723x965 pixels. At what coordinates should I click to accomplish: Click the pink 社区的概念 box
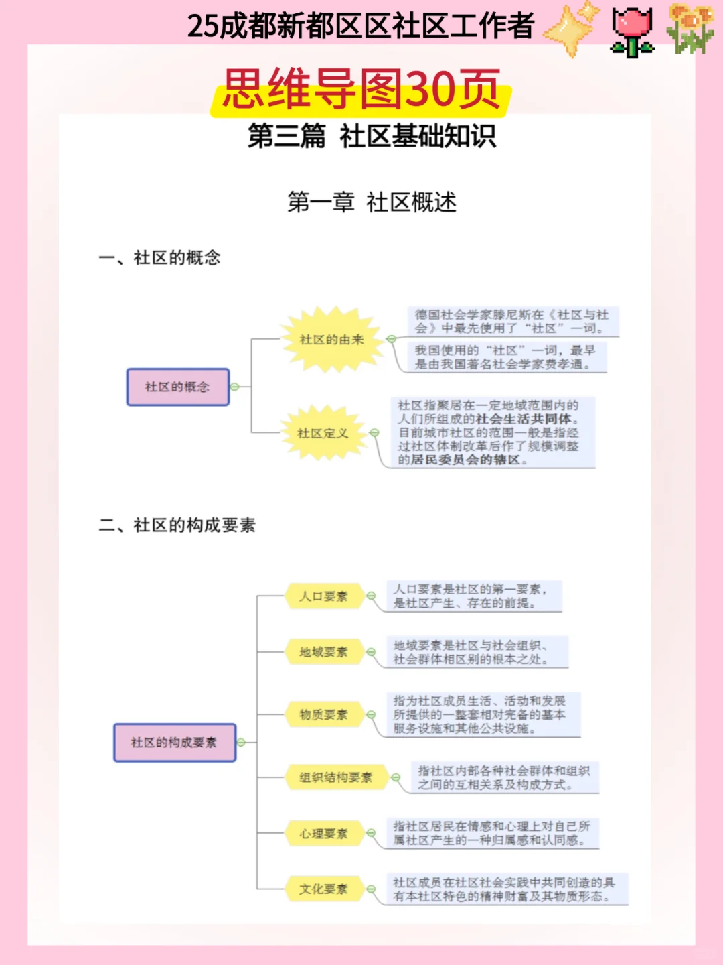point(178,387)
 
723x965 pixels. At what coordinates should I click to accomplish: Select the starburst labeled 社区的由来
point(331,340)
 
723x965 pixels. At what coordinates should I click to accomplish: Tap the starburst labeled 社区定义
point(323,433)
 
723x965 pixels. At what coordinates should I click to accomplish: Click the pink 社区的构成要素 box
point(174,742)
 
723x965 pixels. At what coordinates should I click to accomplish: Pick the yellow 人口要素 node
point(323,596)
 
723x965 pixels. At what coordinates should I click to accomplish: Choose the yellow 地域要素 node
point(323,652)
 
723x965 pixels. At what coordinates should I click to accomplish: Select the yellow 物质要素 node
point(323,714)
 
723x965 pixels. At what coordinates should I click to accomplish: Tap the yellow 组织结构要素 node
point(335,777)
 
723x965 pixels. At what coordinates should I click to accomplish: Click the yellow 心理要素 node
point(323,834)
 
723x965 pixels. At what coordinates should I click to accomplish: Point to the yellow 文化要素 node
point(323,889)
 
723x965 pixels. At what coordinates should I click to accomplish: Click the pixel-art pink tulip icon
point(632,31)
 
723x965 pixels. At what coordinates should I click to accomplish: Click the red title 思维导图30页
point(361,90)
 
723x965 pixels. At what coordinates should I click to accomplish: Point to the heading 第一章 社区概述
point(372,202)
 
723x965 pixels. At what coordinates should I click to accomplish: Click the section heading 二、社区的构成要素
point(177,525)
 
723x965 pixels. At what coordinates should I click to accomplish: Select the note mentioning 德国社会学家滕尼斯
point(512,321)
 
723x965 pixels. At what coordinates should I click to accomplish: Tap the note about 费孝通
point(507,357)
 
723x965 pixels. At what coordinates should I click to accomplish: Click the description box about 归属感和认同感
point(491,833)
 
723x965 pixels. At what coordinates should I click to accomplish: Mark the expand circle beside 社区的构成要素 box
point(241,742)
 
